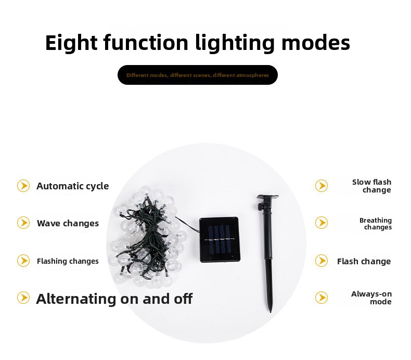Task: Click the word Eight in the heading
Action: (x=71, y=43)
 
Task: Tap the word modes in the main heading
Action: (x=316, y=42)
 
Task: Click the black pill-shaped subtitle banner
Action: (x=197, y=75)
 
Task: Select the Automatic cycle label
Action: (x=73, y=186)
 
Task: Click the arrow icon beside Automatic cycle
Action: (x=23, y=186)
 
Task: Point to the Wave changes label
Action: (x=68, y=223)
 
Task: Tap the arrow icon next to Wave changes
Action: (x=23, y=223)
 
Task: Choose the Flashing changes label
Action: (x=68, y=261)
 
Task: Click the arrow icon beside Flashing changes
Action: (x=23, y=261)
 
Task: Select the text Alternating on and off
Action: (x=114, y=299)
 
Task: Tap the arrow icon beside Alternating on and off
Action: (x=23, y=298)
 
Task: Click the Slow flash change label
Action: (x=371, y=186)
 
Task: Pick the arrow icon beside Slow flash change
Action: (x=322, y=186)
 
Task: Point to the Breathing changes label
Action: (x=376, y=224)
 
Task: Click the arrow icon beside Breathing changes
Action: (x=322, y=223)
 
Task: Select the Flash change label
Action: (x=364, y=261)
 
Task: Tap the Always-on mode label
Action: (x=371, y=298)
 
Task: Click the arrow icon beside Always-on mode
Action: (x=322, y=298)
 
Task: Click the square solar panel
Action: (x=220, y=240)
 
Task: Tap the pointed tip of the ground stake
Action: (x=270, y=312)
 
